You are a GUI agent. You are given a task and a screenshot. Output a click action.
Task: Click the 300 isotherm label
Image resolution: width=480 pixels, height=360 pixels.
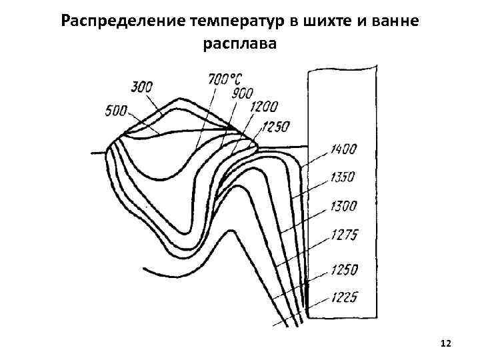(x=142, y=86)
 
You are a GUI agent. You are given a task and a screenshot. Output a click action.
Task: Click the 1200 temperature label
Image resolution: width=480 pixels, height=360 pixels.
(x=264, y=107)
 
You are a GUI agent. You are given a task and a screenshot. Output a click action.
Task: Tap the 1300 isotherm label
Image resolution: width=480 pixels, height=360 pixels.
(x=343, y=206)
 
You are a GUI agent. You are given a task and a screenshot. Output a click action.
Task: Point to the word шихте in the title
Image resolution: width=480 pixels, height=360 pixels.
(x=322, y=20)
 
